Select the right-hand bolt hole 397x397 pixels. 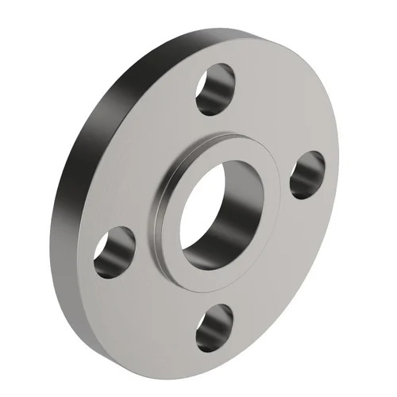306,175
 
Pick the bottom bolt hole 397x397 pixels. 214,326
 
